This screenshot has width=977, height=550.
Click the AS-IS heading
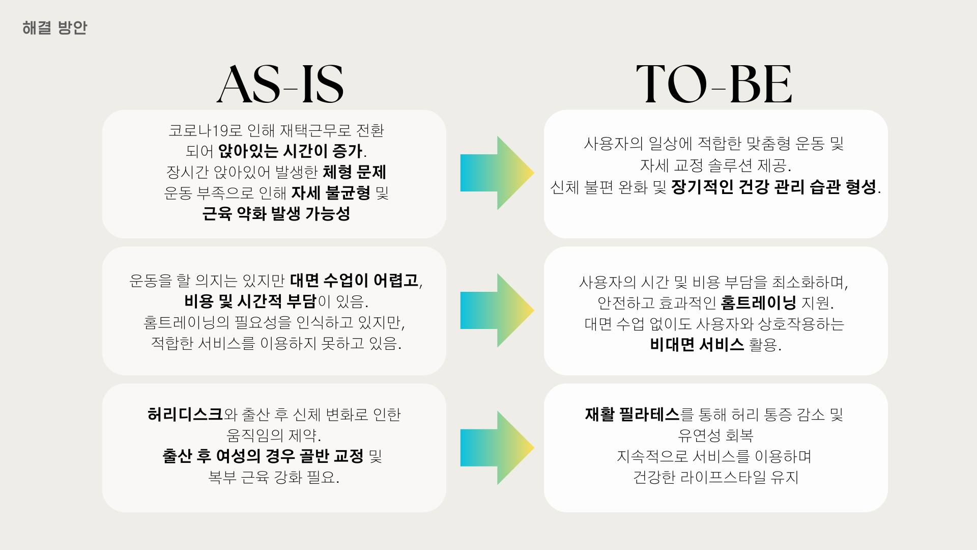pyautogui.click(x=280, y=85)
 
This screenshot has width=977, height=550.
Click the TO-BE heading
pyautogui.click(x=714, y=85)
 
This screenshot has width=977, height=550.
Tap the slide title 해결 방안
pyautogui.click(x=54, y=28)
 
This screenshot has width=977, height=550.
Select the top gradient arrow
pyautogui.click(x=496, y=173)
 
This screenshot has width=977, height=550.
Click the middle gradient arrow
pyautogui.click(x=496, y=310)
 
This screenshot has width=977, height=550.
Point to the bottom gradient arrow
pyautogui.click(x=496, y=448)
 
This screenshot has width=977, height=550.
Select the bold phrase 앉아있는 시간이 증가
pyautogui.click(x=290, y=151)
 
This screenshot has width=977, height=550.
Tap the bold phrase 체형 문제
pyautogui.click(x=354, y=172)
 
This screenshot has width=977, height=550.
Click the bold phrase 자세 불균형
pyautogui.click(x=331, y=193)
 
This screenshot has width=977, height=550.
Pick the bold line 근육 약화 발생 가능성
pyautogui.click(x=276, y=214)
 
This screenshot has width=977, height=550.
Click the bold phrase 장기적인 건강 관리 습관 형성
pyautogui.click(x=773, y=187)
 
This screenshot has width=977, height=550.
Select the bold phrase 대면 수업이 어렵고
pyautogui.click(x=354, y=281)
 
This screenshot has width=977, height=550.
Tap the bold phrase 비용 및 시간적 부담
pyautogui.click(x=250, y=301)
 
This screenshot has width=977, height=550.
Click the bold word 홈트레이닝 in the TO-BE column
pyautogui.click(x=758, y=303)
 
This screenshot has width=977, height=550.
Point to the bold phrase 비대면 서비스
pyautogui.click(x=697, y=345)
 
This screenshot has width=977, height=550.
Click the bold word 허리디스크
pyautogui.click(x=185, y=415)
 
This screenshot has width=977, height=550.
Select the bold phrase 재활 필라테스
pyautogui.click(x=632, y=415)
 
